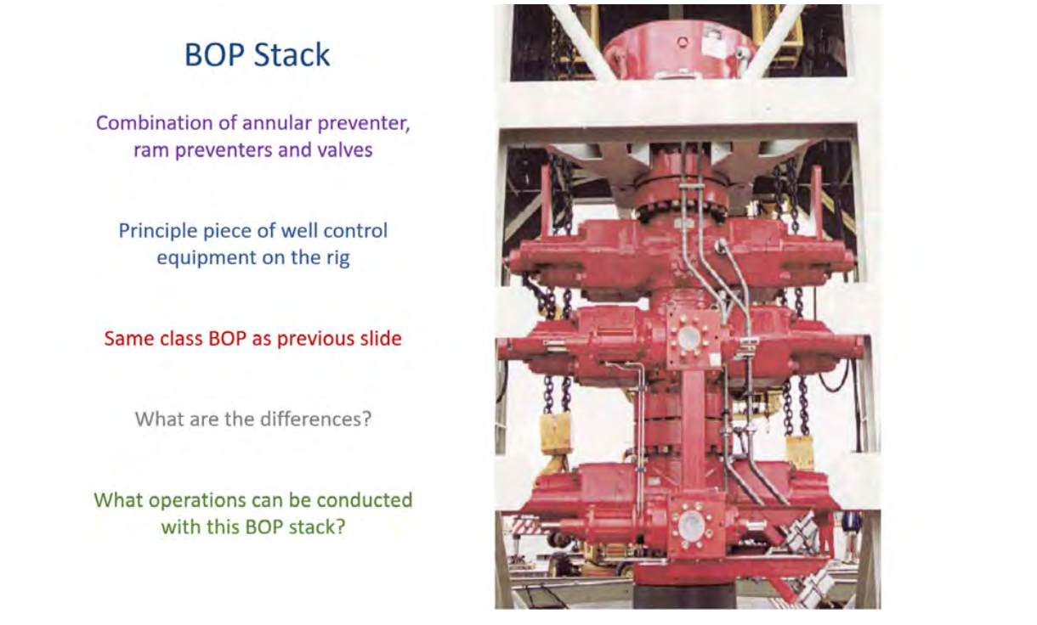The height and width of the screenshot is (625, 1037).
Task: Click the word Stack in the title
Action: (x=292, y=55)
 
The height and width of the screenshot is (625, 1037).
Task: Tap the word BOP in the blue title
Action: (x=214, y=55)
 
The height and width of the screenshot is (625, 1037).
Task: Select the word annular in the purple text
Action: (x=277, y=123)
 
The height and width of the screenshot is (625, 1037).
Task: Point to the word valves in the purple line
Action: (x=344, y=150)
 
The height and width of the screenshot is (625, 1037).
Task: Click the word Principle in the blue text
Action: (x=158, y=231)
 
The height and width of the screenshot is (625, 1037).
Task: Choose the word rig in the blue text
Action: (x=338, y=258)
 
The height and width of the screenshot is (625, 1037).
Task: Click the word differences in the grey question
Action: (x=316, y=419)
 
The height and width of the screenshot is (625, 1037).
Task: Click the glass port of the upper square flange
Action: (x=688, y=337)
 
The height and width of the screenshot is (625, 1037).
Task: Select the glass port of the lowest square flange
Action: (x=692, y=526)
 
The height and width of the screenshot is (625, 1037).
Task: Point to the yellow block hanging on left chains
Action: (x=555, y=433)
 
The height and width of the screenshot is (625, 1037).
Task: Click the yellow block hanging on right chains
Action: (x=800, y=452)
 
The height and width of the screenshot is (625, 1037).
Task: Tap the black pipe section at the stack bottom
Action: (x=684, y=596)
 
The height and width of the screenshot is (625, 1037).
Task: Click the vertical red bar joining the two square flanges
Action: (x=692, y=435)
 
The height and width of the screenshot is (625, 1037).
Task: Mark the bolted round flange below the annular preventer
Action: (x=681, y=200)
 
